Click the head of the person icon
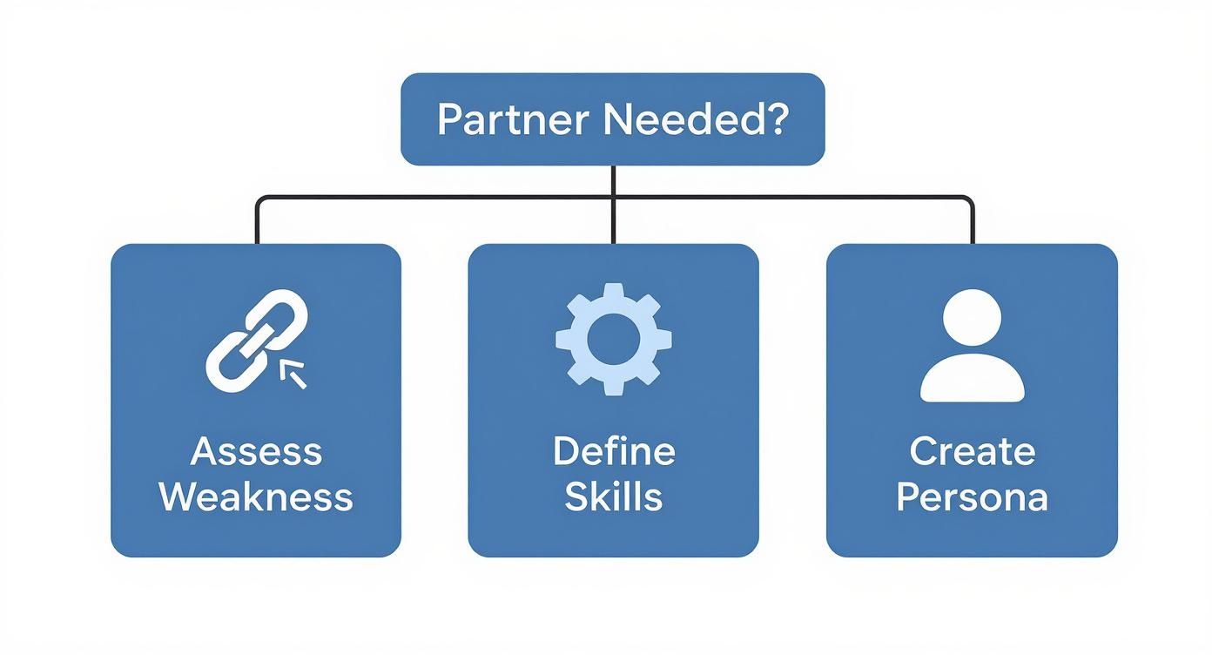(972, 319)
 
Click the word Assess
(256, 452)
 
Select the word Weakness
(256, 497)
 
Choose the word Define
(614, 452)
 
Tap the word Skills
(614, 497)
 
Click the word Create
(972, 452)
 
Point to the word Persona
(972, 497)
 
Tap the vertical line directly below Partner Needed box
(614, 180)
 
